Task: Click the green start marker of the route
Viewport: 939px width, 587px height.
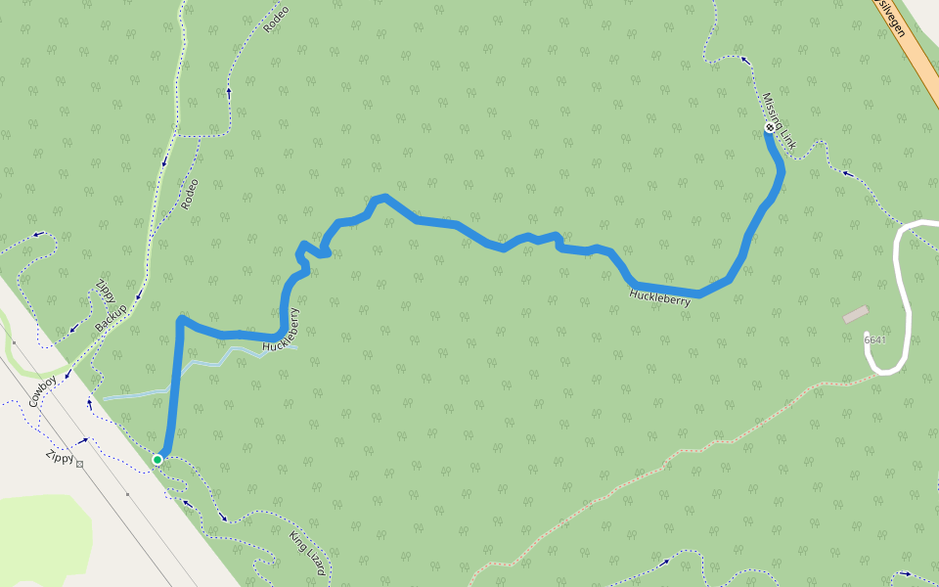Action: coord(157,459)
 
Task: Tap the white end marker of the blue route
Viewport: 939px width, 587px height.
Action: coord(770,127)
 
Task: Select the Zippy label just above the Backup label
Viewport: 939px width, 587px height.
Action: coord(105,291)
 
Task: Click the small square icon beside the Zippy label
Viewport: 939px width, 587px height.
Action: coord(80,464)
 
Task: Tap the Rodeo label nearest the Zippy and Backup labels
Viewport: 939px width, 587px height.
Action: coord(190,194)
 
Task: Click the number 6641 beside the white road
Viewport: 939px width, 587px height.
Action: coord(874,339)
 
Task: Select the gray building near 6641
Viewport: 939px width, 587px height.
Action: coord(855,314)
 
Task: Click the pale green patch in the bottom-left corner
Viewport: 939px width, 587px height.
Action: coord(39,538)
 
